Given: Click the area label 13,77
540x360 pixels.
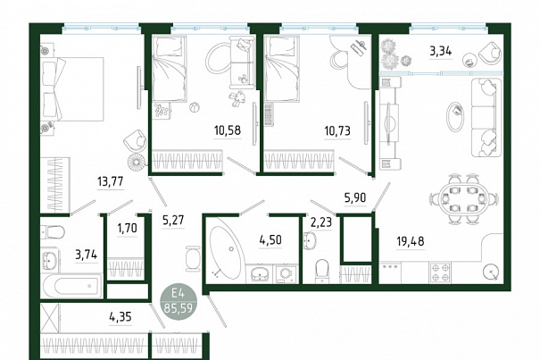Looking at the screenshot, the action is [110, 181].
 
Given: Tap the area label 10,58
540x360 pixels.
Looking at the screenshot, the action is [228, 130].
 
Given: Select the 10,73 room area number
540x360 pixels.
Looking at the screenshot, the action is [337, 130].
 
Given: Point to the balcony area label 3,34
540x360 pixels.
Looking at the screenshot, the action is [440, 52].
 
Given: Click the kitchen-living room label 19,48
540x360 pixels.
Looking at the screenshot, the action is [411, 241].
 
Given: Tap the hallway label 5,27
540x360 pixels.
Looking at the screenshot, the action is [173, 220].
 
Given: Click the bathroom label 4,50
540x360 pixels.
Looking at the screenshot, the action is [270, 239].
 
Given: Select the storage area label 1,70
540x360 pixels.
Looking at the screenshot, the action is [127, 228].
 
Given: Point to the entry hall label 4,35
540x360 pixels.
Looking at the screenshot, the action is [120, 316].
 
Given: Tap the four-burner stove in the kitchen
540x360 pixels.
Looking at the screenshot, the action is [440, 272].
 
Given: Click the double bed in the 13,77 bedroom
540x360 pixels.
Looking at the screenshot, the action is [72, 89].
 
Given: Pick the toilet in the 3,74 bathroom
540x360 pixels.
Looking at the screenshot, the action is [53, 231].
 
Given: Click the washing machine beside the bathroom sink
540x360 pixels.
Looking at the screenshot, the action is [286, 273].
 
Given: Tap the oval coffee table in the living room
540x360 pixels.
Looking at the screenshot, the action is [455, 116].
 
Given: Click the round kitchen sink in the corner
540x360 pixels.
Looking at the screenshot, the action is [491, 272].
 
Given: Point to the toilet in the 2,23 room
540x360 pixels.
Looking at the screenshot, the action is [322, 271].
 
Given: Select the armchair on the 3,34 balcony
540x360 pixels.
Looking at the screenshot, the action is [490, 53].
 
